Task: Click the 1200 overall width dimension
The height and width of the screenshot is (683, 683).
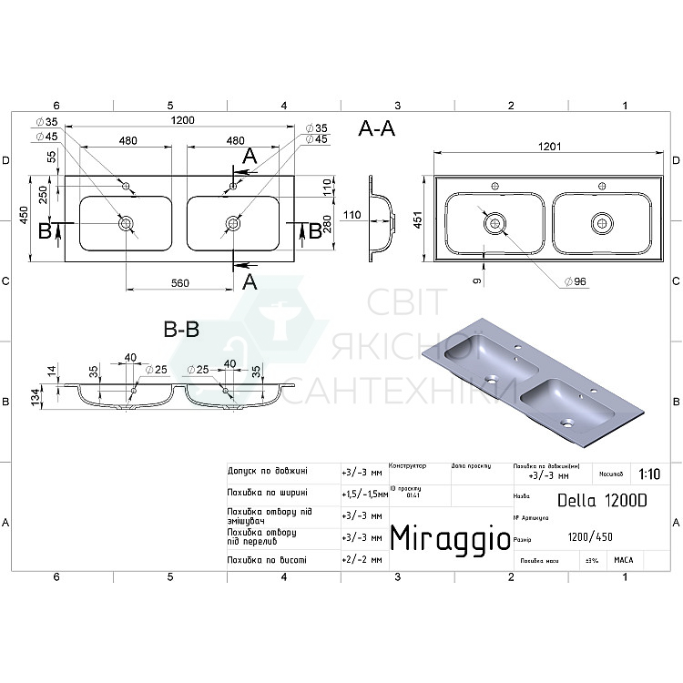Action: tap(182, 120)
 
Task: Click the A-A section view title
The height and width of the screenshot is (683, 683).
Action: tap(376, 129)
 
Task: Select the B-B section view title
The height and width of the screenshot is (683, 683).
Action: tap(180, 331)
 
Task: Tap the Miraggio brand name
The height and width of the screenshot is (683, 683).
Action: tap(450, 538)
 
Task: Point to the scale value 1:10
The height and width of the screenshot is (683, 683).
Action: tap(649, 474)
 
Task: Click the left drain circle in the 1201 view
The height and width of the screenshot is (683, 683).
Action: tap(494, 221)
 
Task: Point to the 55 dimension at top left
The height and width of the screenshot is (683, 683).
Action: tap(51, 157)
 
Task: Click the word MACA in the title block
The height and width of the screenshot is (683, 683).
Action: tap(624, 560)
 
